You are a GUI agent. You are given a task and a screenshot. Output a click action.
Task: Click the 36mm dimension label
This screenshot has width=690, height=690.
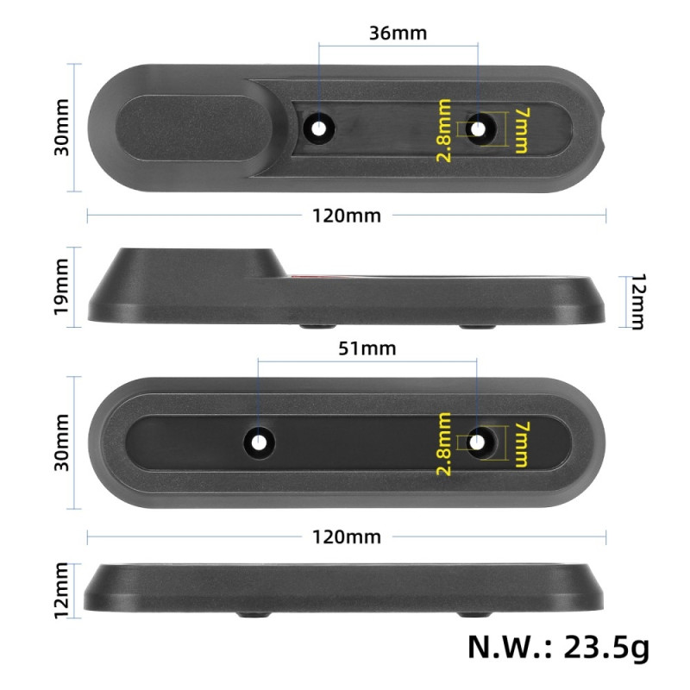point(398,34)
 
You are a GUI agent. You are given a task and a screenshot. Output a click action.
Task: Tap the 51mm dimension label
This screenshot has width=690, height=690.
point(367,348)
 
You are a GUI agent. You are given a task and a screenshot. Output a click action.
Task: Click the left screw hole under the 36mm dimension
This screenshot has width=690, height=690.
point(320,129)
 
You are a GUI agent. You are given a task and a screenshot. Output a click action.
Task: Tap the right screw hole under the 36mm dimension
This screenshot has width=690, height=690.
point(478,129)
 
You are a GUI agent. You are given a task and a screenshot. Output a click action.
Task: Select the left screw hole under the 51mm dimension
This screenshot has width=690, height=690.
point(258,442)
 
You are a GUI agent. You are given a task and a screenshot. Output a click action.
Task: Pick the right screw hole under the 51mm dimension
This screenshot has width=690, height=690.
point(478,442)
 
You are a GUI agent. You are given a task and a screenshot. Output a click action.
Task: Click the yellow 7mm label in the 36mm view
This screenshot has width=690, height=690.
point(520,129)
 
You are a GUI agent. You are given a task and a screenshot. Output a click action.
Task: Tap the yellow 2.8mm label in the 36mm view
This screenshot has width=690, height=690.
point(444,130)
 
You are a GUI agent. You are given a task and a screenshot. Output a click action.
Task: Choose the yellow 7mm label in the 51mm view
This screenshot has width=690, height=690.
point(520,443)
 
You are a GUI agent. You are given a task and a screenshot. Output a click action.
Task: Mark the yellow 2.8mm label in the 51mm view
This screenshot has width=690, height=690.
point(444,443)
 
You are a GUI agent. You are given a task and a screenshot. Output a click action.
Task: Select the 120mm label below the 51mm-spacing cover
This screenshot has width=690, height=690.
point(346,536)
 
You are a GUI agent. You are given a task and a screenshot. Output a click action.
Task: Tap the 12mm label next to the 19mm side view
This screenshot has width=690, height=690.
point(637,302)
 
